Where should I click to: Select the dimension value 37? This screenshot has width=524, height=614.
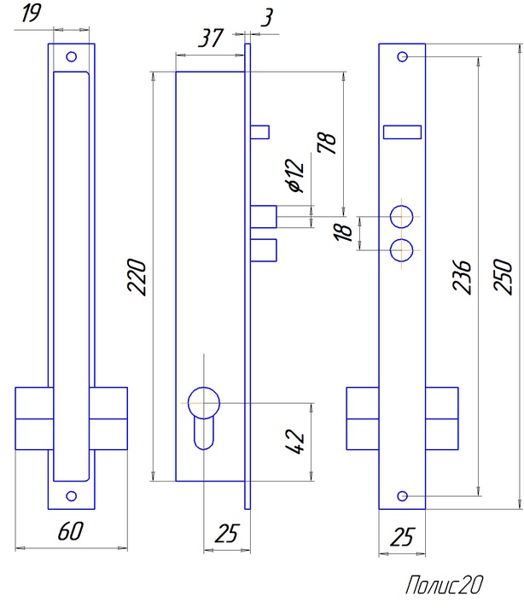210,38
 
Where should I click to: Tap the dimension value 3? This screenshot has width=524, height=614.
268,18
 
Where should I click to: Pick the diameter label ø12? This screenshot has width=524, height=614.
294,176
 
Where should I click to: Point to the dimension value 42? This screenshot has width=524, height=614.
297,441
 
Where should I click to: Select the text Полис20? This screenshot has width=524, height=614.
444,585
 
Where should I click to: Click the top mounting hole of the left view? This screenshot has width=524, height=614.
71,57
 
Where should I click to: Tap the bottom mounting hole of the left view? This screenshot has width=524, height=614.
71,495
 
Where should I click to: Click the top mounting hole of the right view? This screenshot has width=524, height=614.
402,57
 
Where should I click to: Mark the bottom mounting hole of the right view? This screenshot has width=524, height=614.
402,496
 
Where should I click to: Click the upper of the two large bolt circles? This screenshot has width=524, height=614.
402,216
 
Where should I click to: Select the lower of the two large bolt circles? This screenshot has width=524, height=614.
402,249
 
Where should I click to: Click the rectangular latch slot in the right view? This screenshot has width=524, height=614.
402,132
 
